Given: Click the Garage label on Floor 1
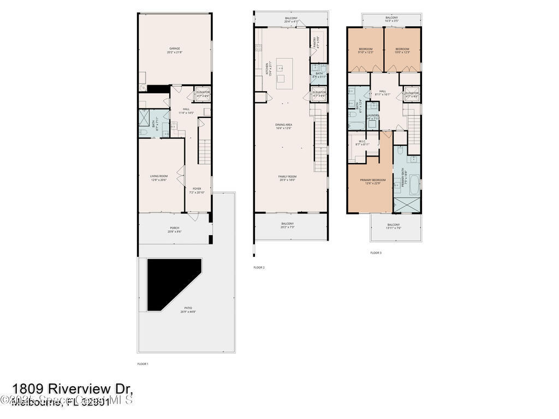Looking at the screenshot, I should [174, 50].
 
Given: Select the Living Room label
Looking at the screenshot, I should [159, 178].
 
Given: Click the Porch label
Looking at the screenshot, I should [175, 230].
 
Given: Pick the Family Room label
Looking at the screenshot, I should [287, 178].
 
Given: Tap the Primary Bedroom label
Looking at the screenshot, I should [372, 182].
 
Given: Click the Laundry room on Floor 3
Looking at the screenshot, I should [373, 117].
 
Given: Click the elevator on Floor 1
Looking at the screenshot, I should [203, 94].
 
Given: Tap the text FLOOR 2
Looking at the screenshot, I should [259, 267].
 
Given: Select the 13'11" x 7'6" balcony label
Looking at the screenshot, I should [394, 226].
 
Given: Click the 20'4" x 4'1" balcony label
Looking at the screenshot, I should [291, 20].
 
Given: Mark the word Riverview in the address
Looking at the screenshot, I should [82, 388].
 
